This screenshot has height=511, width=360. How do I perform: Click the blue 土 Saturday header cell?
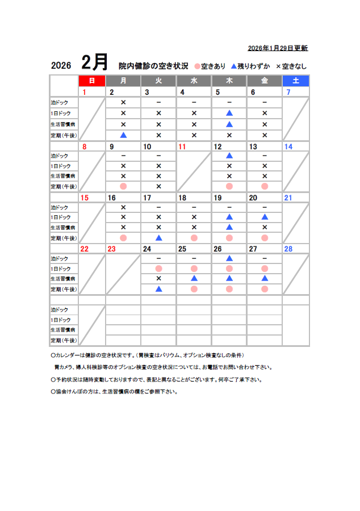coord(296,81)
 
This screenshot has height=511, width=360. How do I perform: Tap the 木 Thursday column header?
coord(229,81)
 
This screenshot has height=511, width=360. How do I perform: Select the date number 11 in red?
coord(182,146)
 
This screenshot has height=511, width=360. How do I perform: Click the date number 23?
coord(111,249)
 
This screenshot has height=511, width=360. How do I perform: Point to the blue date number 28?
coord(288,249)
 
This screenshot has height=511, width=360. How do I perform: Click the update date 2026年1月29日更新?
coord(278,48)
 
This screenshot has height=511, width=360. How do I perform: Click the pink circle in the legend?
coord(198,66)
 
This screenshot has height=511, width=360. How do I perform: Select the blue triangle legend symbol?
coord(233,66)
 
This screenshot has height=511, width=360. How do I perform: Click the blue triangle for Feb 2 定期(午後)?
coord(123,135)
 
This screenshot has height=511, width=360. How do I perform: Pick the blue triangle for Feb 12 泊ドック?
coord(229,156)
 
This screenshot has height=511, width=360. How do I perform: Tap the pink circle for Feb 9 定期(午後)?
coord(123,186)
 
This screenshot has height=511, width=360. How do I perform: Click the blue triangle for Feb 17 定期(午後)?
coord(158,238)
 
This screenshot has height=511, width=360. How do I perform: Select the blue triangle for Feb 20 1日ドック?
coord(265,217)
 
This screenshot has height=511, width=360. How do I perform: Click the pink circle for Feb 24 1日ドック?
coord(158,268)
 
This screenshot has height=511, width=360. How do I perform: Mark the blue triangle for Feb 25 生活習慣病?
coord(194,278)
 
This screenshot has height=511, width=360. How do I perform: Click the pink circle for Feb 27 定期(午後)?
coord(265,289)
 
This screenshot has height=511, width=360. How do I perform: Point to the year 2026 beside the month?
coord(61,65)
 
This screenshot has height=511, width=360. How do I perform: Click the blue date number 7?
coord(288,92)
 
